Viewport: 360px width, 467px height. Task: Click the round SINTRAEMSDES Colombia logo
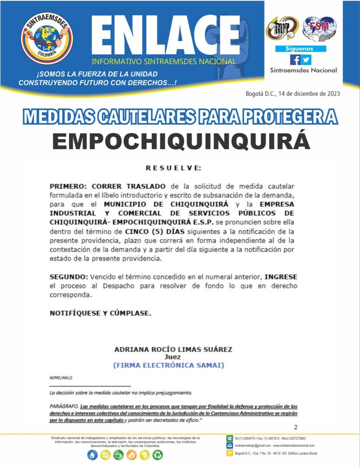click(47, 38)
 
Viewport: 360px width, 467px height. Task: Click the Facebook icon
click(295, 60)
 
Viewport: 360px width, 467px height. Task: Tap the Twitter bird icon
click(306, 60)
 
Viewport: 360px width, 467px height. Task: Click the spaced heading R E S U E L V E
click(173, 168)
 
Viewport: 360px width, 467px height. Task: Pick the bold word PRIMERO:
click(68, 186)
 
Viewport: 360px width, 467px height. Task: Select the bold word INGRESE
click(280, 276)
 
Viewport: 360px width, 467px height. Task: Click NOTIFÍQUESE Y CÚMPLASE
click(100, 313)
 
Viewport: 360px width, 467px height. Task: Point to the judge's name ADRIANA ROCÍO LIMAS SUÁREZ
click(173, 349)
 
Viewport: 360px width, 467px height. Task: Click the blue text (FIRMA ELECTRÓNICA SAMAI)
click(169, 365)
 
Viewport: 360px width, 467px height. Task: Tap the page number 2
click(296, 427)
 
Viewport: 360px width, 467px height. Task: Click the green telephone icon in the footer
click(230, 438)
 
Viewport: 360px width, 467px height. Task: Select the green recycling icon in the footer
click(158, 454)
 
